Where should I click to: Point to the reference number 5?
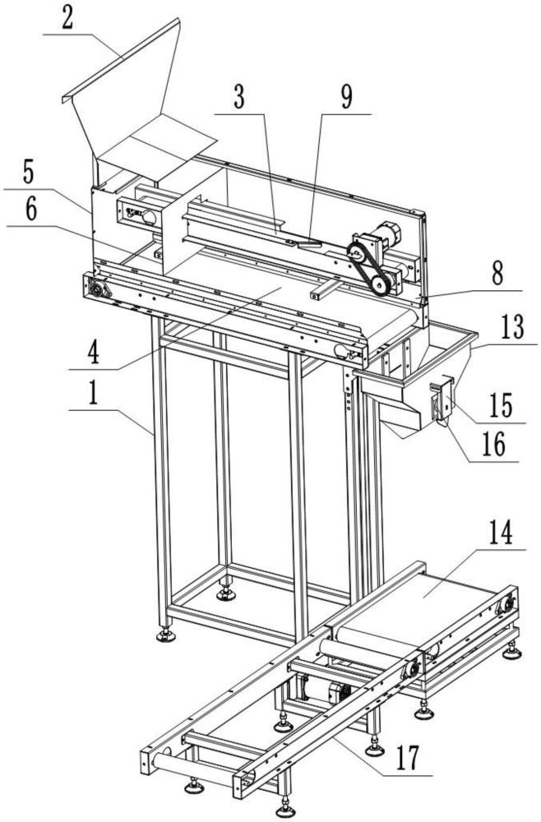point(29,174)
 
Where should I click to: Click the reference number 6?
point(30,209)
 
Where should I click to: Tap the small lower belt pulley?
point(379,285)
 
